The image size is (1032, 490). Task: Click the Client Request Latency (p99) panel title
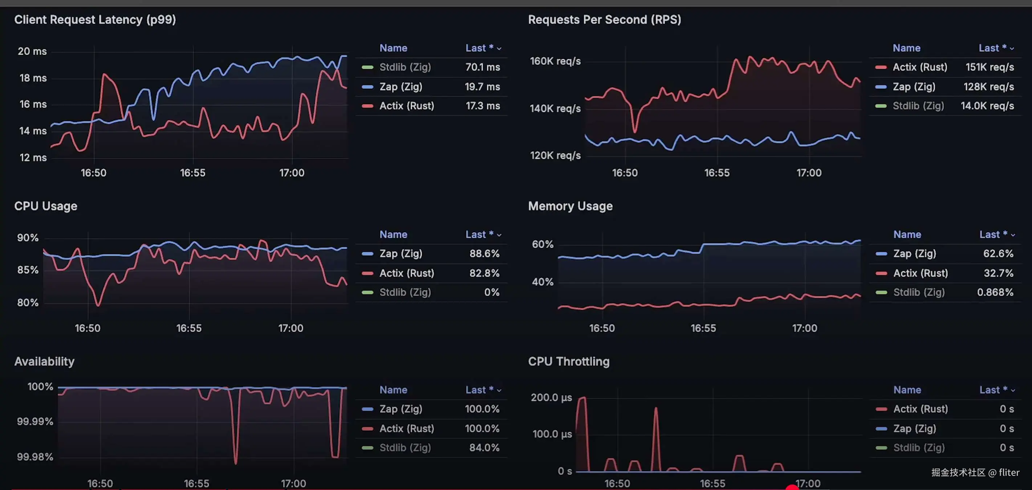[95, 20]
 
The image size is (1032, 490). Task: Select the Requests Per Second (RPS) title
[604, 20]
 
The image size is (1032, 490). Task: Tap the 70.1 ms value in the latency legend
[482, 67]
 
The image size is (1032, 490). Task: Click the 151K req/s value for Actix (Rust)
[989, 67]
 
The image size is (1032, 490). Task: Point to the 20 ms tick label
[32, 51]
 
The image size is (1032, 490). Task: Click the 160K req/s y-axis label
[555, 61]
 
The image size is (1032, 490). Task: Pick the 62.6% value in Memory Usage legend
[998, 253]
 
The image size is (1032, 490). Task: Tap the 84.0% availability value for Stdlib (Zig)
[484, 447]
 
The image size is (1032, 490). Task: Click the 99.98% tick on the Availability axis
[35, 457]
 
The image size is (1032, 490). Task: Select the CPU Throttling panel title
[569, 361]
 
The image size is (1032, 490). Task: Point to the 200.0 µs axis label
[551, 397]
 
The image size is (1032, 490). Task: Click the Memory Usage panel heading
[570, 206]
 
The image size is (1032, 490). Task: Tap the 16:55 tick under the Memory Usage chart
[703, 328]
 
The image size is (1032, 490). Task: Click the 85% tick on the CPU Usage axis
[28, 270]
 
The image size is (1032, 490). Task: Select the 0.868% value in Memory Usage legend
[995, 292]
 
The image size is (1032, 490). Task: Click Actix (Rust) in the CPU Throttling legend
[920, 409]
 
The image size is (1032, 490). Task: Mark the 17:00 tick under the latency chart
[292, 173]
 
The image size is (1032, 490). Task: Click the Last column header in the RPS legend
[992, 48]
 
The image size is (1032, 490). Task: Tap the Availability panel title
[44, 361]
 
